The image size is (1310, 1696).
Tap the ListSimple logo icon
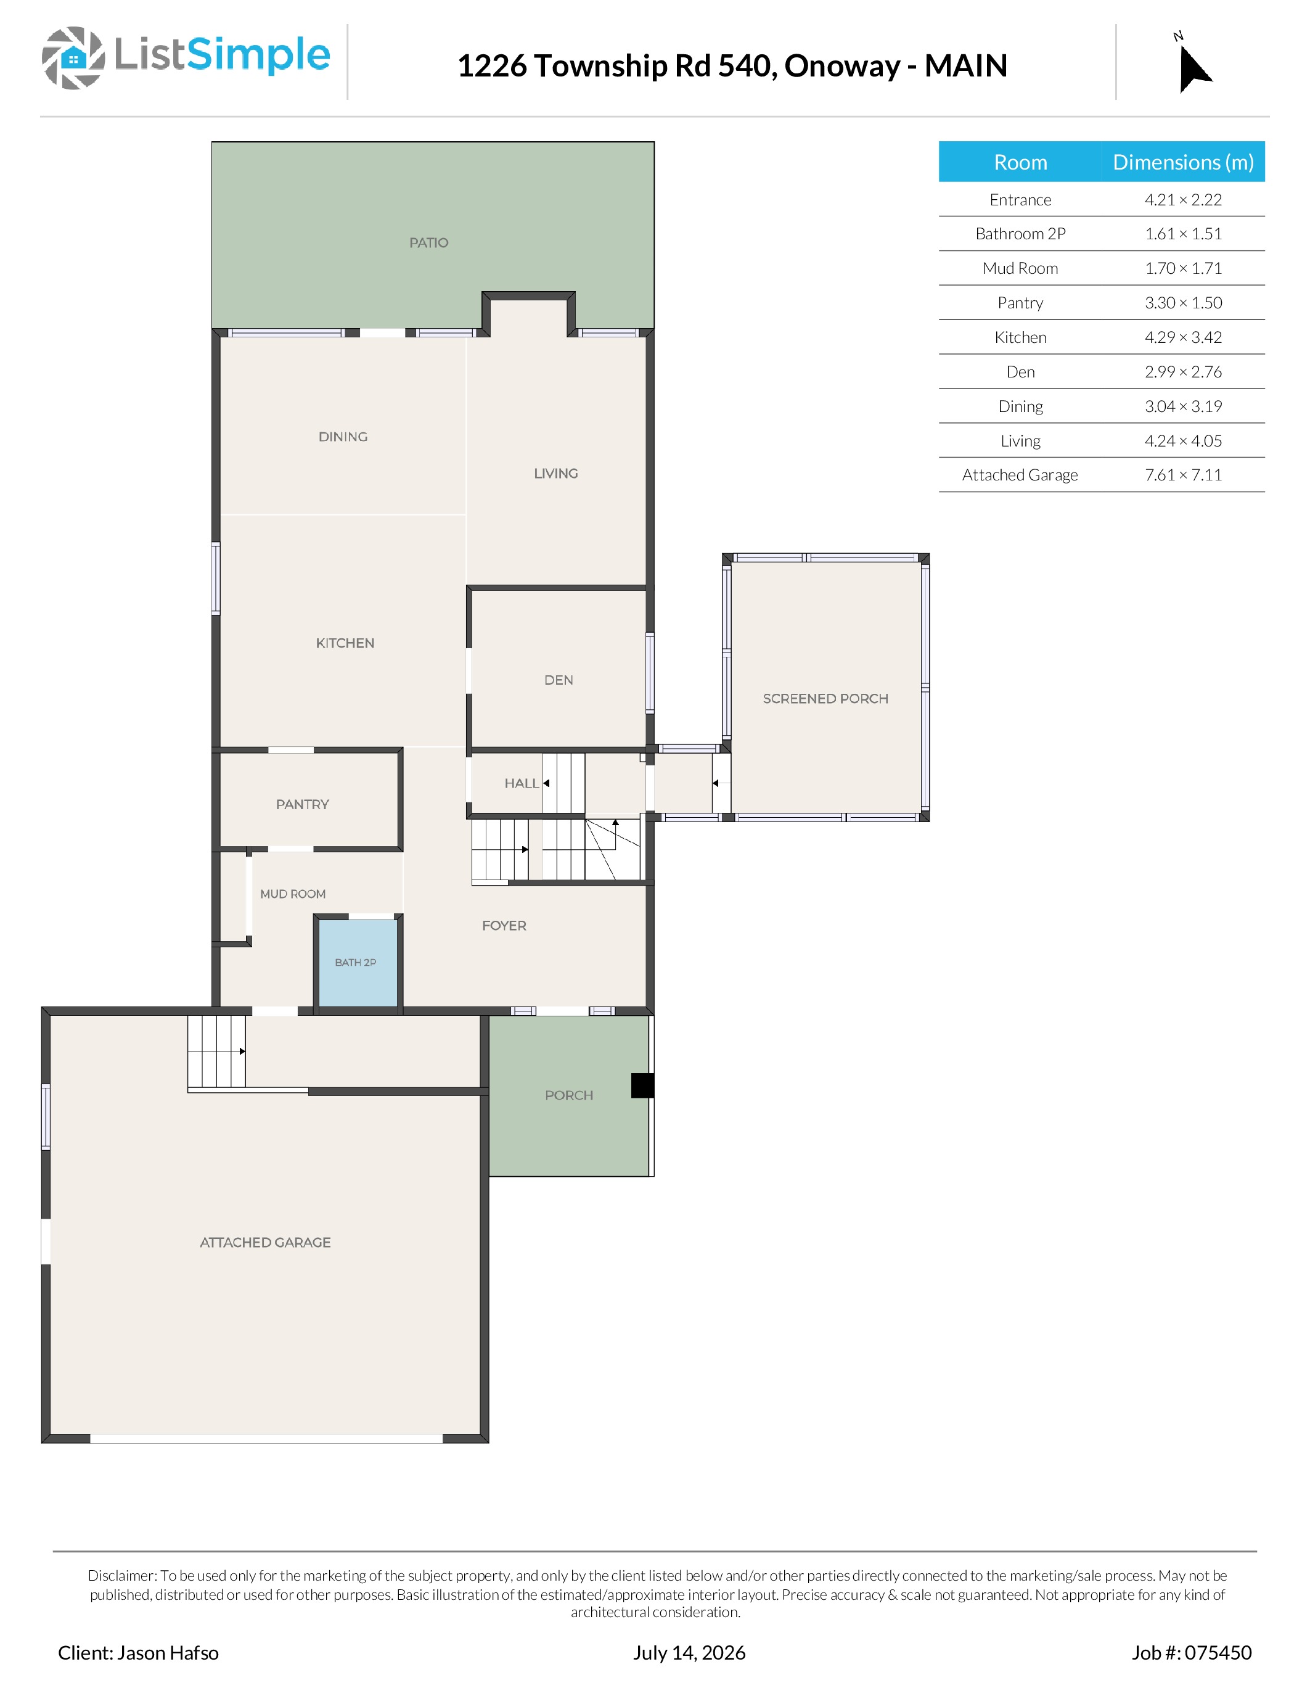pyautogui.click(x=73, y=58)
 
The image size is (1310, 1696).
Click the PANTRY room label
pyautogui.click(x=303, y=804)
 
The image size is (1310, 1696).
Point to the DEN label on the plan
pyautogui.click(x=559, y=680)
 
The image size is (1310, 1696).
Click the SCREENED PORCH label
pyautogui.click(x=825, y=699)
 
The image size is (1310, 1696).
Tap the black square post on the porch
pyautogui.click(x=642, y=1085)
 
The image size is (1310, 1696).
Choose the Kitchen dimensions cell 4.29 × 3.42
pyautogui.click(x=1184, y=337)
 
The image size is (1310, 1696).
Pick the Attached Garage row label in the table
pyautogui.click(x=1020, y=475)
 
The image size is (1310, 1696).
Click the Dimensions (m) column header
pyautogui.click(x=1184, y=162)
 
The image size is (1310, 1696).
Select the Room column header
pyautogui.click(x=1020, y=162)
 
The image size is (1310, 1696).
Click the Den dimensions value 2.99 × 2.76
pyautogui.click(x=1184, y=372)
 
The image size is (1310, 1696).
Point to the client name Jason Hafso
pyautogui.click(x=168, y=1652)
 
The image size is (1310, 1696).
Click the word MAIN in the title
pyautogui.click(x=966, y=66)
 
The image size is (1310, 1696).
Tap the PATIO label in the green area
pyautogui.click(x=429, y=243)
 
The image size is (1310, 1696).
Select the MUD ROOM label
pyautogui.click(x=293, y=894)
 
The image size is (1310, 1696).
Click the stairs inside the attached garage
pyautogui.click(x=216, y=1052)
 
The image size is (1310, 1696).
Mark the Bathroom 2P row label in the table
pyautogui.click(x=1020, y=234)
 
